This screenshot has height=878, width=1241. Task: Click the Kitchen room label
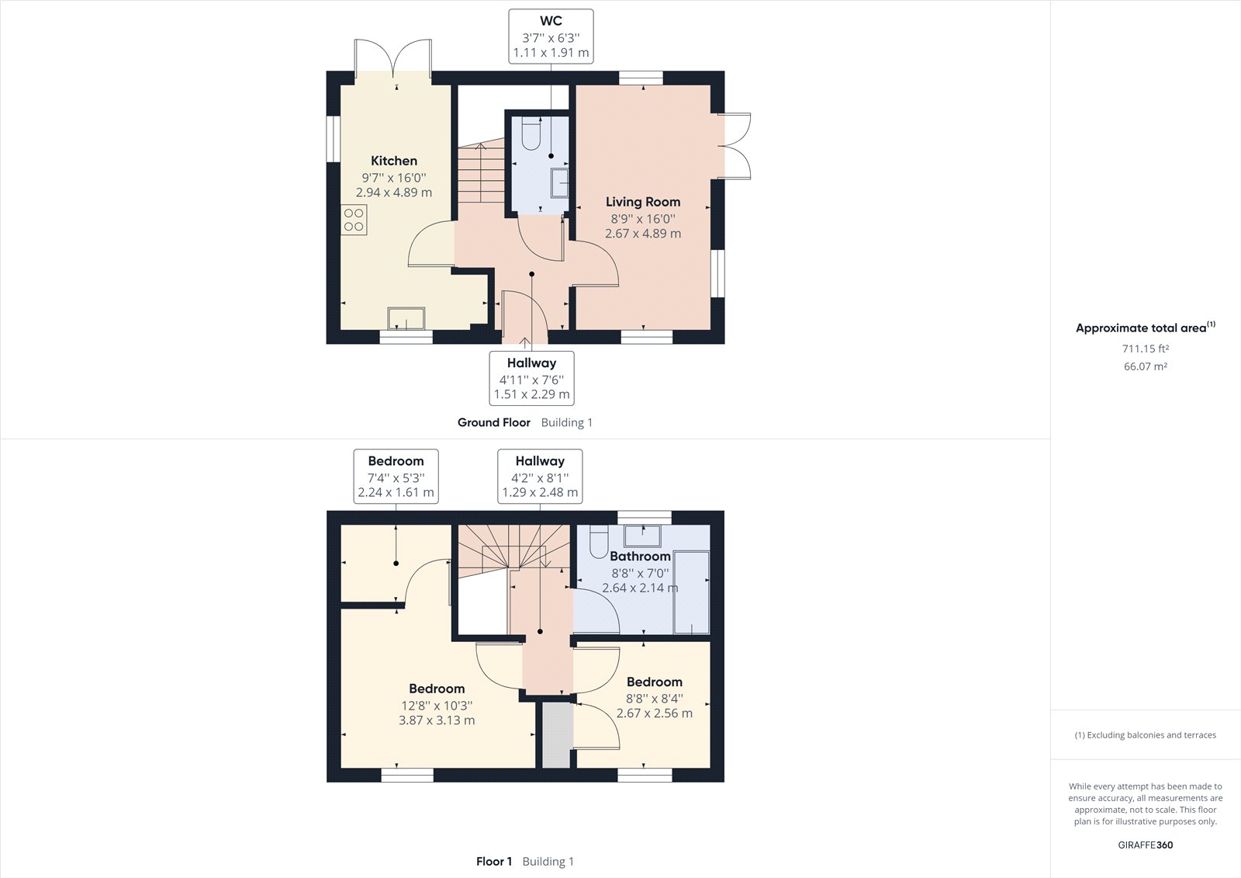(x=394, y=161)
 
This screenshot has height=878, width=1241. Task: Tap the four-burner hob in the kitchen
(x=354, y=220)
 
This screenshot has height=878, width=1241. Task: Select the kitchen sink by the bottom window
(x=406, y=319)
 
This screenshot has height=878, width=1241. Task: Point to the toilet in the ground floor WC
(x=531, y=133)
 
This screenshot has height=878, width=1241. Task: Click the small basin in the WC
(x=559, y=183)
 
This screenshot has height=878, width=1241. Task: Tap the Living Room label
(x=643, y=202)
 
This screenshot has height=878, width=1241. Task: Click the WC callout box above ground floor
(x=551, y=36)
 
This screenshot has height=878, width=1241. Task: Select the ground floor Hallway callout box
(x=531, y=378)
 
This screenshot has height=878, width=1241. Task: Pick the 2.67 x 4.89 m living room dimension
(x=643, y=234)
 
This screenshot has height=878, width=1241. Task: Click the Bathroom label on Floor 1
(x=640, y=557)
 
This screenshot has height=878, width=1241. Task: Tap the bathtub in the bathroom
(x=691, y=592)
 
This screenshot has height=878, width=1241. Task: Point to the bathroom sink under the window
(x=642, y=536)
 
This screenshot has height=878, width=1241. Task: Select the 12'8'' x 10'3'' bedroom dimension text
(x=437, y=706)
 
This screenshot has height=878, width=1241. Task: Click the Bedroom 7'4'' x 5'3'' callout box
(x=396, y=477)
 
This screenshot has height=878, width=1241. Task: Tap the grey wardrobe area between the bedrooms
(x=556, y=735)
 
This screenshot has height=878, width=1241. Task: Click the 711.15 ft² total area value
(x=1145, y=349)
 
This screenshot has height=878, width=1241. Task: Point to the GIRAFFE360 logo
(x=1145, y=845)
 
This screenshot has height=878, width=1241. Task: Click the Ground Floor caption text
(x=493, y=422)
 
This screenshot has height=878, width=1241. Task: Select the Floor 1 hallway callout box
(x=540, y=477)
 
